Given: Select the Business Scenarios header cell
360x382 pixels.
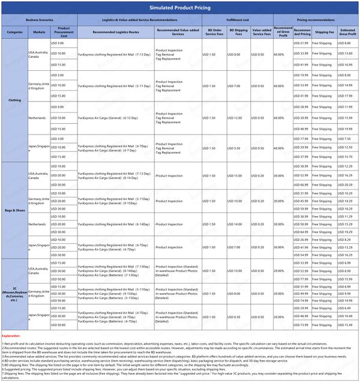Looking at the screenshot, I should pyautogui.click(x=40, y=20).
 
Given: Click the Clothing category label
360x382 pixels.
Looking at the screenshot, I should pyautogui.click(x=14, y=100).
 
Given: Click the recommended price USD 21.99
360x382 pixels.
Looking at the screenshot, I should pyautogui.click(x=301, y=44).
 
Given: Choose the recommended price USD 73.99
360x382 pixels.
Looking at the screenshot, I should pyautogui.click(x=301, y=325).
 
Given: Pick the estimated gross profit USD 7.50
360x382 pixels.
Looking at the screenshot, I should pyautogui.click(x=347, y=139).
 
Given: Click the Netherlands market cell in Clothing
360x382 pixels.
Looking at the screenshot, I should pyautogui.click(x=38, y=118).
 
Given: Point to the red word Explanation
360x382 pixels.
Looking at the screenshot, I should pyautogui.click(x=11, y=336).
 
